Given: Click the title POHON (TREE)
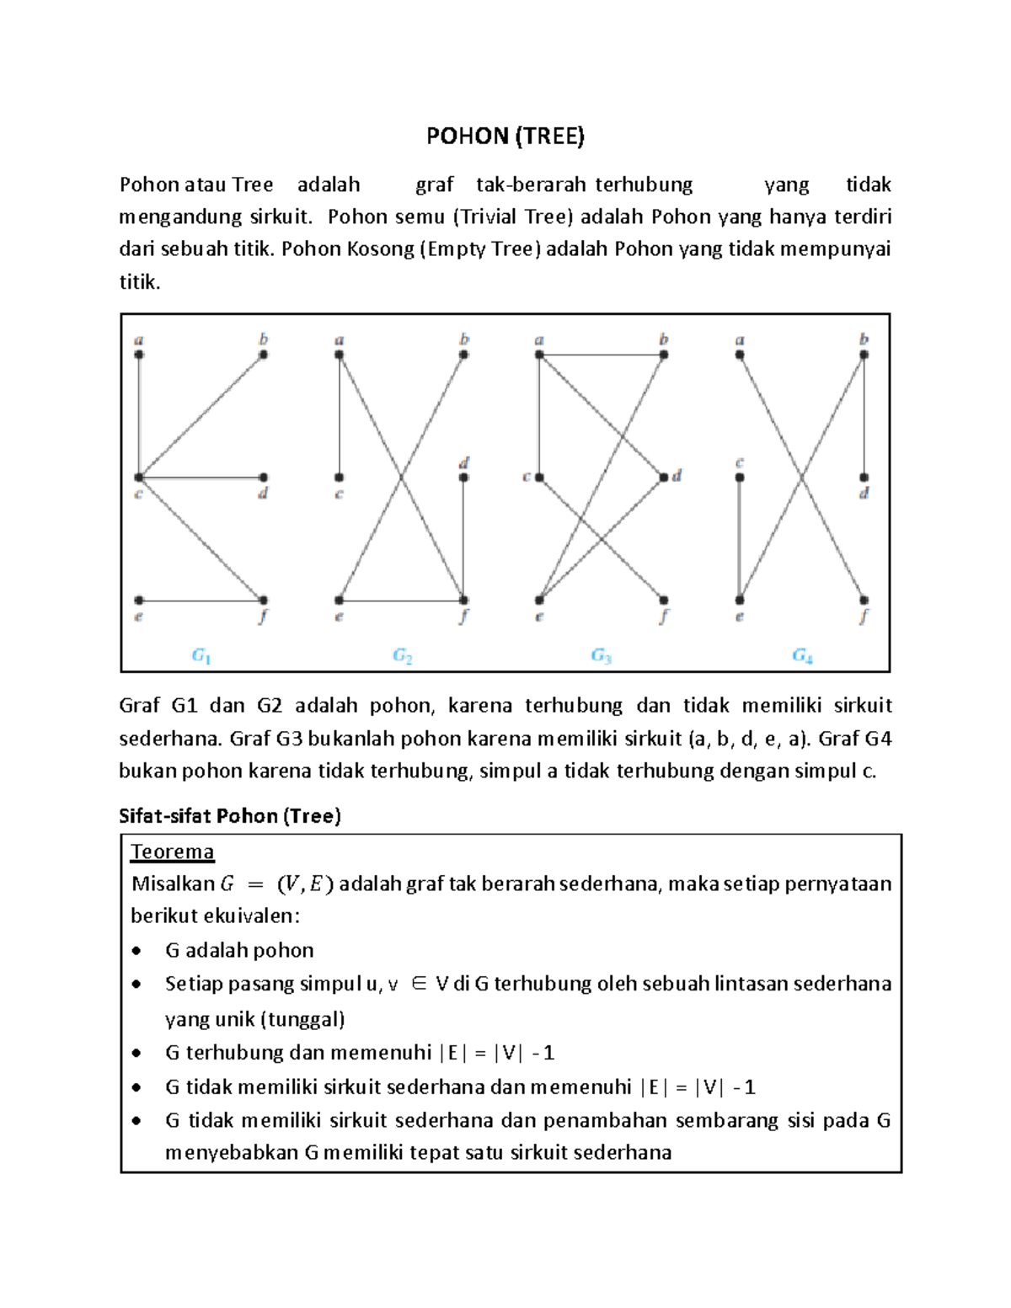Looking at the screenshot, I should [x=505, y=136].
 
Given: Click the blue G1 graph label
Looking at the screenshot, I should [x=201, y=655].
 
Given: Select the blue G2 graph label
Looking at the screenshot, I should [x=402, y=655].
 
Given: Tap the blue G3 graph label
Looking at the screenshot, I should [x=601, y=655].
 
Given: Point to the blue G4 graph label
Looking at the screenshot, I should [x=802, y=655].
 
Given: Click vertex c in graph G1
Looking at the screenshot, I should [x=139, y=478].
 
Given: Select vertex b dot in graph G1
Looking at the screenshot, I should [x=264, y=355].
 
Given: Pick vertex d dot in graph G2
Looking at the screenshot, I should [x=463, y=478].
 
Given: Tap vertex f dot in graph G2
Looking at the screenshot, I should [x=463, y=601].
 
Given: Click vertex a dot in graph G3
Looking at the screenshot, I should [x=539, y=355].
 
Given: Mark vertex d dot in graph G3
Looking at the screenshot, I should [x=664, y=478].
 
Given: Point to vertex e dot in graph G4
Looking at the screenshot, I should [x=739, y=601].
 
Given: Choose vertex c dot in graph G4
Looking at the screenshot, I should [x=739, y=478].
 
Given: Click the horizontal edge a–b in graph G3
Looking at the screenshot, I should [x=602, y=355].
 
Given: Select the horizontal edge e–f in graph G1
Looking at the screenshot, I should [x=201, y=601].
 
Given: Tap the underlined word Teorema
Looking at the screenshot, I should [x=172, y=852].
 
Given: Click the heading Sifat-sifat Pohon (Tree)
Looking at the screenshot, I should [x=230, y=816].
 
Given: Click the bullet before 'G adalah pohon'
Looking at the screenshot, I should [x=137, y=952].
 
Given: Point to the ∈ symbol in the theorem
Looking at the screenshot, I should [x=418, y=984].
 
